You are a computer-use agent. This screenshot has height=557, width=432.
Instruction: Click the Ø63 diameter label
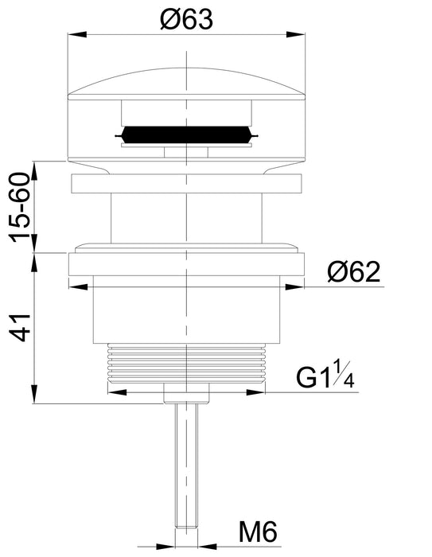coord(186,19)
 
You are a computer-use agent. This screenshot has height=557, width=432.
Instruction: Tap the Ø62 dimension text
coord(354,272)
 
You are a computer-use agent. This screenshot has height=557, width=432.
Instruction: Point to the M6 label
coord(258,532)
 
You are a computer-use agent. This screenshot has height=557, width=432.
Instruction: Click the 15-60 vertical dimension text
coord(20,207)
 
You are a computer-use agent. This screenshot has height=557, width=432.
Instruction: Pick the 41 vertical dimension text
coord(20,328)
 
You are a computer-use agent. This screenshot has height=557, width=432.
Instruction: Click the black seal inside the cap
coord(186,135)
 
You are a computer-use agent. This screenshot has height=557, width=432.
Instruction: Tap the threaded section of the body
coord(186,363)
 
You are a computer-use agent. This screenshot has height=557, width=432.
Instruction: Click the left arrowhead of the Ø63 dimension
coord(76,34)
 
